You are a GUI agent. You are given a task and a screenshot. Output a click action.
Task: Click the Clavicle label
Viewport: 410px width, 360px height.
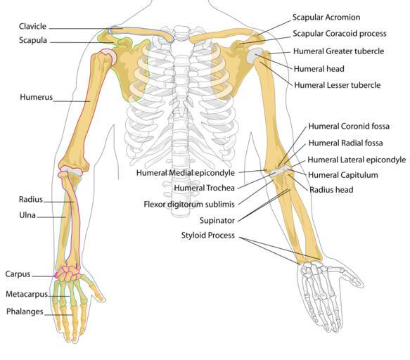pos(32,27)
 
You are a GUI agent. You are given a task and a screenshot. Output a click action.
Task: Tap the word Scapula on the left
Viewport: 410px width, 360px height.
pos(33,40)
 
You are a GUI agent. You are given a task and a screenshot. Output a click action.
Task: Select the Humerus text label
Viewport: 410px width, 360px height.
pos(37,97)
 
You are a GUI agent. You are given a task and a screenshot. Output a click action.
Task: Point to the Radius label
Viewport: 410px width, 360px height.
pos(31,200)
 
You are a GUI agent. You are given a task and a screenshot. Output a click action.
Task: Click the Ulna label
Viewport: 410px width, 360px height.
pos(27,215)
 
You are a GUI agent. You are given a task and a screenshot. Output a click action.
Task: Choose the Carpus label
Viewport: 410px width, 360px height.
pos(18,274)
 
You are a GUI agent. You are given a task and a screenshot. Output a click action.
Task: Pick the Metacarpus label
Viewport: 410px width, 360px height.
pos(27,294)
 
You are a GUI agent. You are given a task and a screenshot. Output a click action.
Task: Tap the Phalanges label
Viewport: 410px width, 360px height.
pos(25,311)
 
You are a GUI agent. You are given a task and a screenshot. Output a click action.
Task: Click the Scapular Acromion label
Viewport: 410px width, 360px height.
pos(326,18)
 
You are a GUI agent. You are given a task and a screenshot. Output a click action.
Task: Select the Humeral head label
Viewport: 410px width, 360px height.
pos(319,69)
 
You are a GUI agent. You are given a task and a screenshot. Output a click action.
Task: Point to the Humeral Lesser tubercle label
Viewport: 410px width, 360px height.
pos(338,85)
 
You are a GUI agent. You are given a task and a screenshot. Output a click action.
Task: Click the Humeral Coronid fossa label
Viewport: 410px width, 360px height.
pos(349,127)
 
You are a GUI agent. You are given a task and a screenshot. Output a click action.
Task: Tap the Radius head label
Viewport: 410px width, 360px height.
pos(331,190)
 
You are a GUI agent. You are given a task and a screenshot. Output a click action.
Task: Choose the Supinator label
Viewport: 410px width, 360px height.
pos(217,220)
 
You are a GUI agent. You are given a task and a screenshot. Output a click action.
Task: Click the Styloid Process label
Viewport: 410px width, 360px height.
pos(208,236)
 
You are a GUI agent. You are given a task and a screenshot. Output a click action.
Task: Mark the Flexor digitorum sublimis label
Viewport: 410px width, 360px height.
pos(189,204)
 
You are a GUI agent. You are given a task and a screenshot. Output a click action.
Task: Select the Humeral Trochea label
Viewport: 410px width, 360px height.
pos(204,188)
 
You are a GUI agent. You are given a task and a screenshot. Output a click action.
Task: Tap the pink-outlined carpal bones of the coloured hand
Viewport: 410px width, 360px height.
pos(68,274)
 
